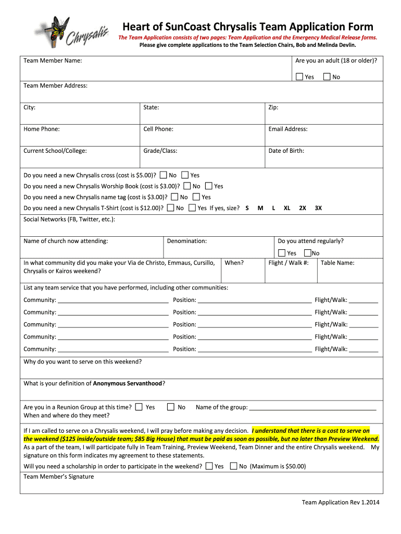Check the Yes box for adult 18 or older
click(299, 77)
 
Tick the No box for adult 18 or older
click(327, 77)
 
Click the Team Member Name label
click(53, 61)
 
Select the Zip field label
click(273, 107)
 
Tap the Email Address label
click(287, 129)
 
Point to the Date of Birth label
click(286, 151)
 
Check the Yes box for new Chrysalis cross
click(185, 175)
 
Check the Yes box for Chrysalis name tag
click(196, 197)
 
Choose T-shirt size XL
click(286, 208)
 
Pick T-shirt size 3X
click(318, 208)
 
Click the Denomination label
click(187, 241)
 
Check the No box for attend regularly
click(308, 252)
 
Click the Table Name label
click(337, 263)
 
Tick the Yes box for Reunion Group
click(139, 407)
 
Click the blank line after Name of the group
click(312, 408)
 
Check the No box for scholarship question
click(233, 466)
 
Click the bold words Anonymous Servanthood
click(128, 383)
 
